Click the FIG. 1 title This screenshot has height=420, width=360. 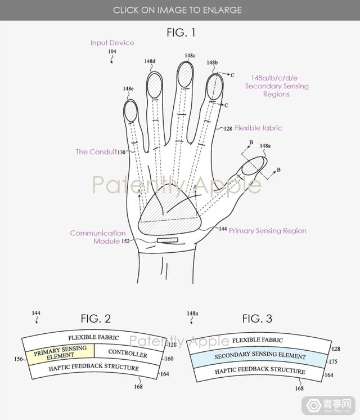(181, 33)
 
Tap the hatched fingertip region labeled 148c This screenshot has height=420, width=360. (185, 74)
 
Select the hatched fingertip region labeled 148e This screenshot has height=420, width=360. (131, 111)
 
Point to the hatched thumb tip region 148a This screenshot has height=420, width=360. (253, 166)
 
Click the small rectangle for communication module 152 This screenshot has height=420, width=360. (168, 240)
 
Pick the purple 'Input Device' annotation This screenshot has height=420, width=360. (112, 43)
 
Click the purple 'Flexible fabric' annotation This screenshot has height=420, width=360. (258, 128)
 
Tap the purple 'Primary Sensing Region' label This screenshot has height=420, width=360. (268, 231)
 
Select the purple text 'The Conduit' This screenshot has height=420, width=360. (96, 152)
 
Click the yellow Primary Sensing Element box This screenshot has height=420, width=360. (60, 352)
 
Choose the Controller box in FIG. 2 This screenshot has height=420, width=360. (128, 354)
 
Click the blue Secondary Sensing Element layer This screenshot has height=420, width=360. (259, 356)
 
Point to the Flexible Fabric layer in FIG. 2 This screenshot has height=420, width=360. (94, 338)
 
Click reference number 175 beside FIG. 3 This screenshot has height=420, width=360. (332, 361)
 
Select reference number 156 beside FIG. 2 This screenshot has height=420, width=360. (18, 359)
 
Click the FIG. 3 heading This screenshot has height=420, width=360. (257, 319)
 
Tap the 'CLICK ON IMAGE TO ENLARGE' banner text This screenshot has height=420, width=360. (177, 10)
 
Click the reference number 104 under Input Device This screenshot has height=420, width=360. (112, 51)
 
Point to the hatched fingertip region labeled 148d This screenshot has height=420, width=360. (155, 85)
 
